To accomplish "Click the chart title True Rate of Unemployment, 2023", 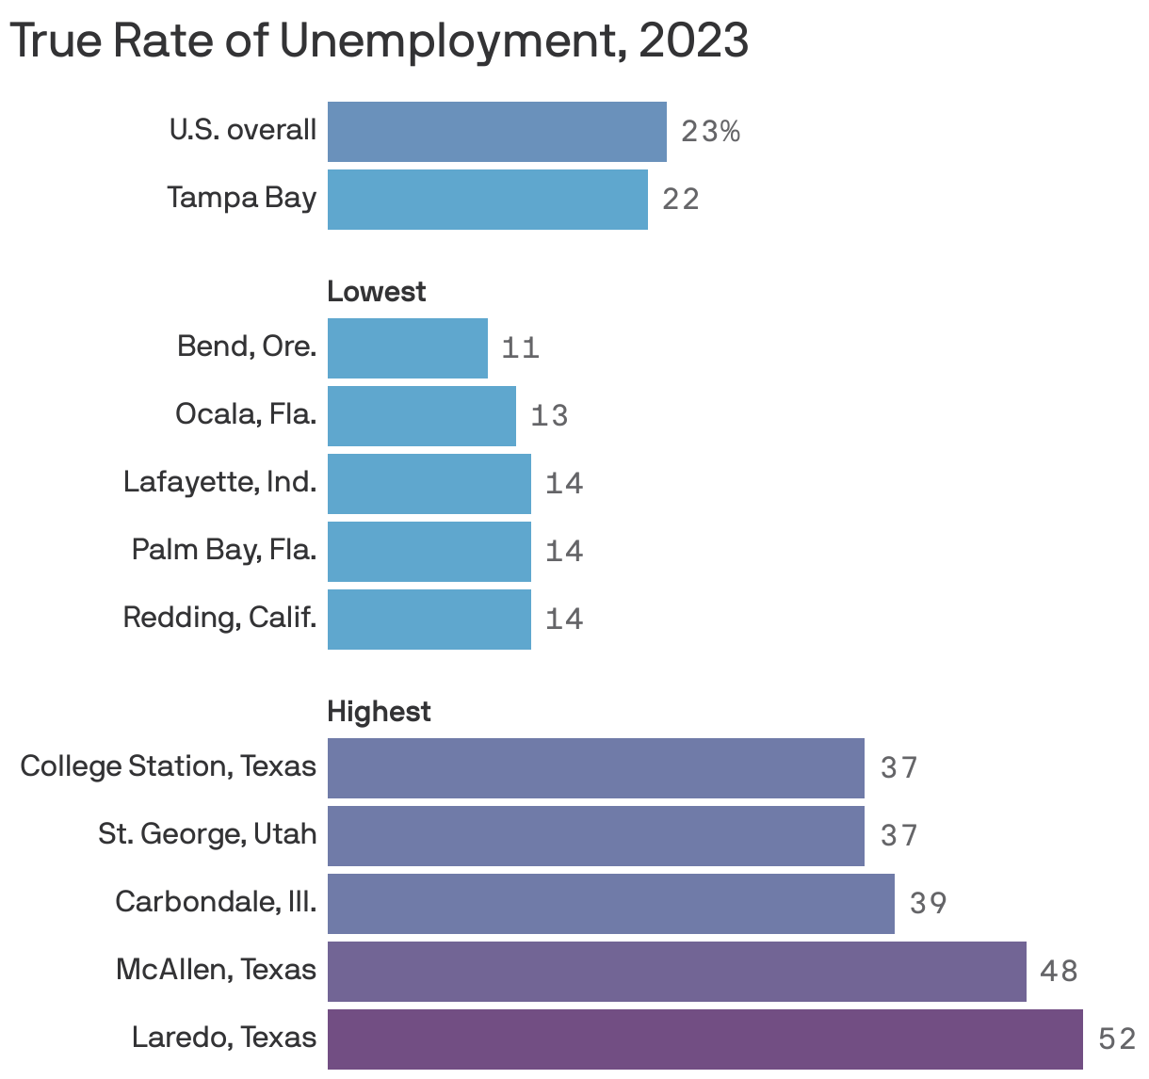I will [379, 40].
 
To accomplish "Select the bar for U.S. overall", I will [496, 132].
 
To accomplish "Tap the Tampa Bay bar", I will [487, 200].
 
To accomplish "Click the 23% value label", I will [710, 132].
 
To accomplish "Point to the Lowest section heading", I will [376, 292].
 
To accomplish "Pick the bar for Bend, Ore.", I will [407, 348].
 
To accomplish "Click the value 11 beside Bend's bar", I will [520, 348].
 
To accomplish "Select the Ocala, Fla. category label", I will [246, 414].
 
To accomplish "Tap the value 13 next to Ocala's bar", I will [549, 416].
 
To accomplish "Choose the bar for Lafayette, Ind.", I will [429, 484].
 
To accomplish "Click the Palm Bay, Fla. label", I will [224, 550].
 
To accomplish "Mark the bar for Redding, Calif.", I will [429, 620].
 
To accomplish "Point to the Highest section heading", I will [379, 712].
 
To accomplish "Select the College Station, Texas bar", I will [595, 768].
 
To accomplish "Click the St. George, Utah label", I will [207, 834].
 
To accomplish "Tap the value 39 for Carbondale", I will [928, 904].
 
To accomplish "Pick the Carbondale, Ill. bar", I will [610, 904].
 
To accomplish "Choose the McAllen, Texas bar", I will [676, 972].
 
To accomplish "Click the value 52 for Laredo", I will [1117, 1039].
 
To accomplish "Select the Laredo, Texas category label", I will [224, 1038].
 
